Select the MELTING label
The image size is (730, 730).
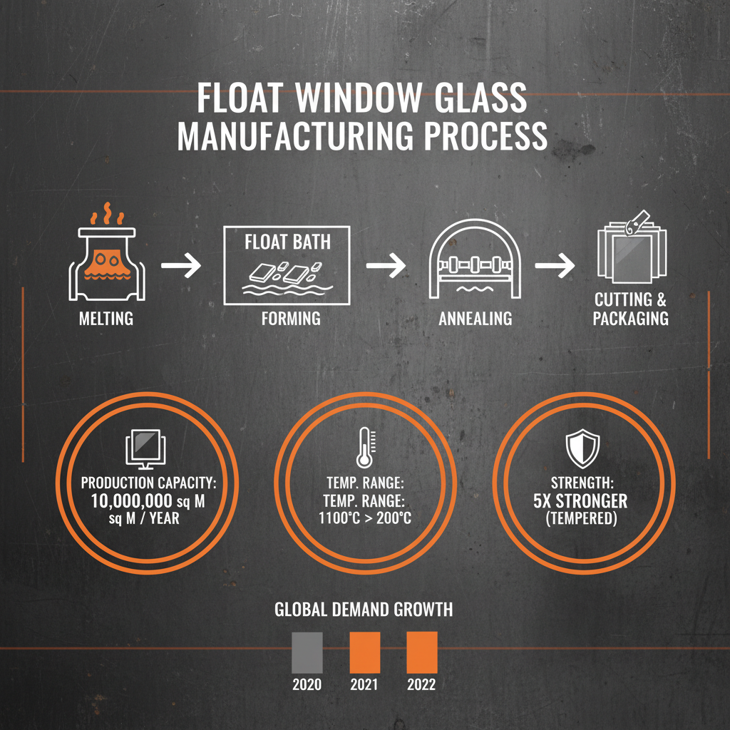[106, 318]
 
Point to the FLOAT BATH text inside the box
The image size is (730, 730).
[287, 242]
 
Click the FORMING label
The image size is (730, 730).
[291, 318]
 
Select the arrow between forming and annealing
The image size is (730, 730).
[386, 266]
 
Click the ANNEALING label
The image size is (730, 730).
[475, 318]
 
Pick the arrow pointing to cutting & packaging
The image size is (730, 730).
[554, 266]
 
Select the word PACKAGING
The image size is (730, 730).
[630, 318]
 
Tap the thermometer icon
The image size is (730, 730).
[364, 448]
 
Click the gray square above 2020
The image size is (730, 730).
[307, 652]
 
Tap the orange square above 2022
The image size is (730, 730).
[421, 652]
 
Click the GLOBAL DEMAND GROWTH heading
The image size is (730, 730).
[364, 610]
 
